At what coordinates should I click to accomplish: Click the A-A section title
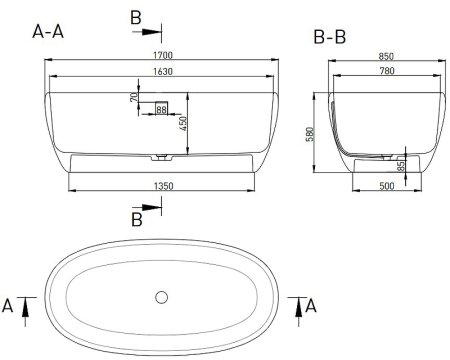click(51, 32)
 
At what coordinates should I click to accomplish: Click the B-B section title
click(331, 38)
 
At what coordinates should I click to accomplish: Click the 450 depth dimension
click(184, 123)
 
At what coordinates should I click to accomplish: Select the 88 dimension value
click(161, 109)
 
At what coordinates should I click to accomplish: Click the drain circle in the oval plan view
click(161, 296)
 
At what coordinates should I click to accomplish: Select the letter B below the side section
click(138, 219)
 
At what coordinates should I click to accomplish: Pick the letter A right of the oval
click(310, 305)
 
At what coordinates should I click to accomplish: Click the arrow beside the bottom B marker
click(152, 208)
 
